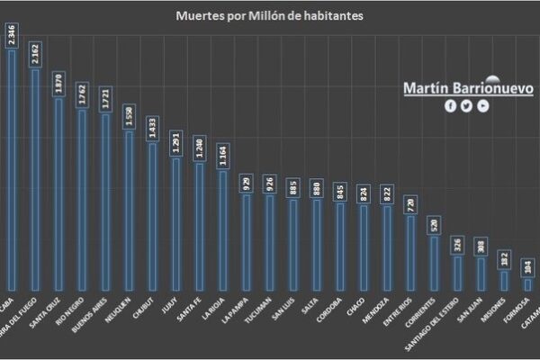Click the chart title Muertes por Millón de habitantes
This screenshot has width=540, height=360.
270,16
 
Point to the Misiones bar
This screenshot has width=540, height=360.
504,281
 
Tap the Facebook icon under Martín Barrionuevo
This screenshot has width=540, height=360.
451,106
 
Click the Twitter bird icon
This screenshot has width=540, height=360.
466,106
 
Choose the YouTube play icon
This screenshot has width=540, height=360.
482,106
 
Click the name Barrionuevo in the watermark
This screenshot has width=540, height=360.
496,89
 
